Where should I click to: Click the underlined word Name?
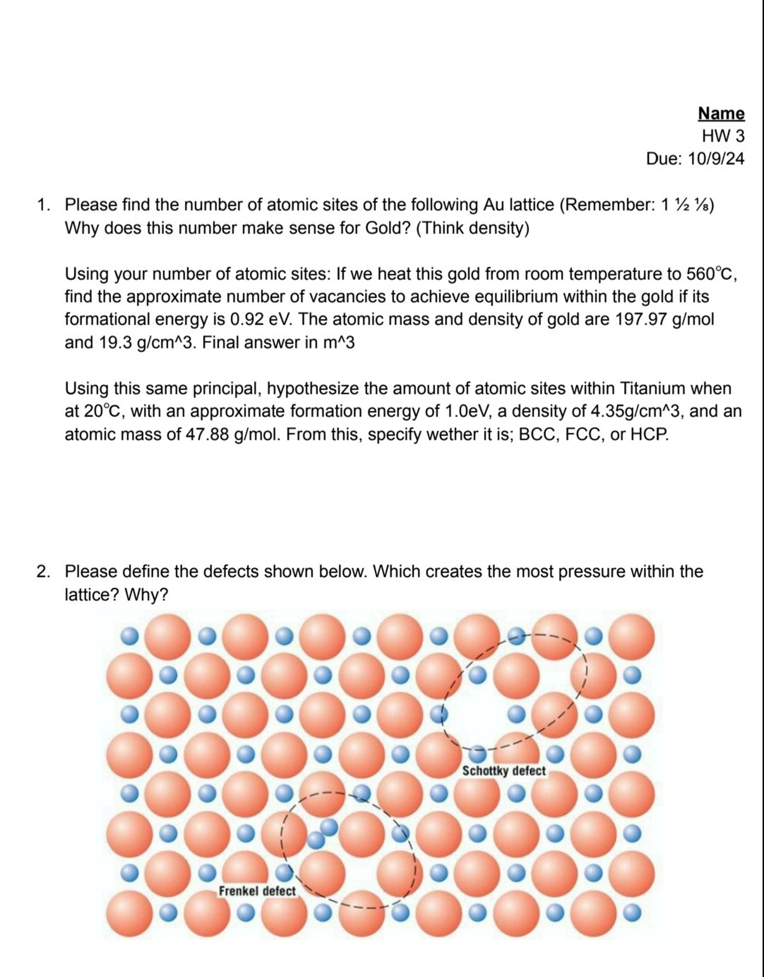[721, 114]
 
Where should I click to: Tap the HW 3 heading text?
[723, 136]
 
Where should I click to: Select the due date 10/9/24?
[716, 159]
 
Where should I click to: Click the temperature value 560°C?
[711, 274]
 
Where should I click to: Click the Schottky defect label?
[503, 771]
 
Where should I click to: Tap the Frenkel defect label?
[257, 891]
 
